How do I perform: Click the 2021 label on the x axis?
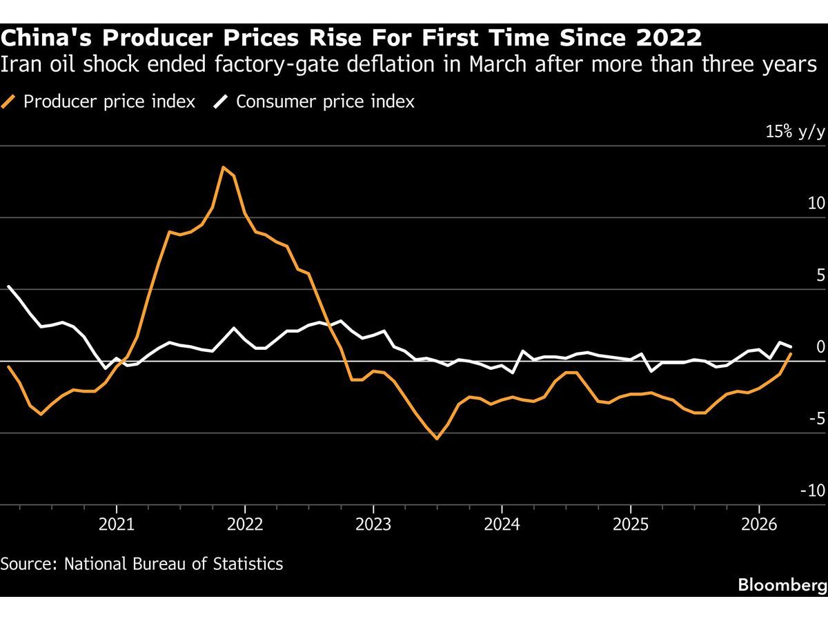point(116,524)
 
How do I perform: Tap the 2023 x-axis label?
point(373,524)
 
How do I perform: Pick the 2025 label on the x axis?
point(630,524)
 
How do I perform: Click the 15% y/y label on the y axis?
point(795,132)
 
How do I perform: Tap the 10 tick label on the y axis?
point(816,204)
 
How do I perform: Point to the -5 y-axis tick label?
point(816,419)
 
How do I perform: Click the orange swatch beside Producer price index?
point(10,102)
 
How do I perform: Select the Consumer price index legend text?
point(325,102)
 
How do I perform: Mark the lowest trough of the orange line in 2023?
point(437,438)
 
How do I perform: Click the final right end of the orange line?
point(791,353)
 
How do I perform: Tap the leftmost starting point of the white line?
point(8,286)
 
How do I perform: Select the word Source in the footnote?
point(28,563)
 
